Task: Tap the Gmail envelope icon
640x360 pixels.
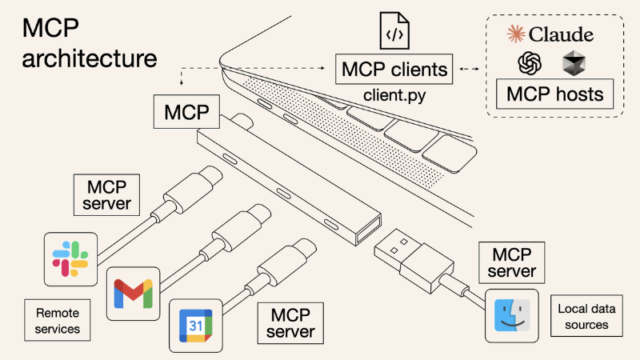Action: (x=132, y=293)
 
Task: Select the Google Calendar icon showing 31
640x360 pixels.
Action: (x=195, y=326)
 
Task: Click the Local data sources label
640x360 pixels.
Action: (x=583, y=317)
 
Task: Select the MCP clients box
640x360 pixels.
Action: (x=394, y=70)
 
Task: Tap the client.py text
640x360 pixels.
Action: (x=394, y=96)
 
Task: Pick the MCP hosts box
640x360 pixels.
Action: (x=554, y=94)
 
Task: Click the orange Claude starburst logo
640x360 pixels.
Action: (x=517, y=34)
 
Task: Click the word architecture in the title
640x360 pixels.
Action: (x=90, y=58)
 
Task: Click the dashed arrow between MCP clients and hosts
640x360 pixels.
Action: (x=470, y=70)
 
